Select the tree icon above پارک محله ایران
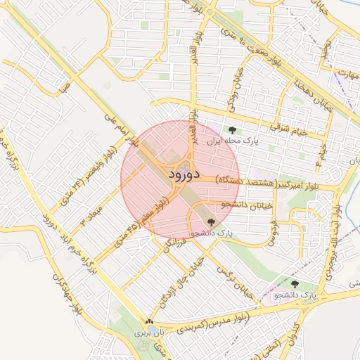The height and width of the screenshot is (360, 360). tap(233, 129)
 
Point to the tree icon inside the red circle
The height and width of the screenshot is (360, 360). tap(212, 222)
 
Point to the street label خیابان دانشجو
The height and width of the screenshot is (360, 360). tap(245, 205)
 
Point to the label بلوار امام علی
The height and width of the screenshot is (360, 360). tap(116, 127)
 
